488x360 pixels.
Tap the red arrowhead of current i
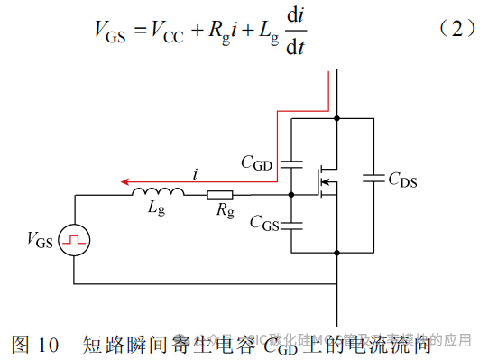(x=128, y=180)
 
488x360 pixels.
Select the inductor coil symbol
(x=159, y=192)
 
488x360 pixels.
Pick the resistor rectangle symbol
(x=220, y=194)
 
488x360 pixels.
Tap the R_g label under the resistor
(x=224, y=212)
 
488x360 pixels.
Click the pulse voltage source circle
(x=73, y=240)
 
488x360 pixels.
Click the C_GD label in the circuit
(x=256, y=162)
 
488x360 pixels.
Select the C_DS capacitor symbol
(x=373, y=180)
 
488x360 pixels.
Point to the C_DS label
(x=402, y=180)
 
